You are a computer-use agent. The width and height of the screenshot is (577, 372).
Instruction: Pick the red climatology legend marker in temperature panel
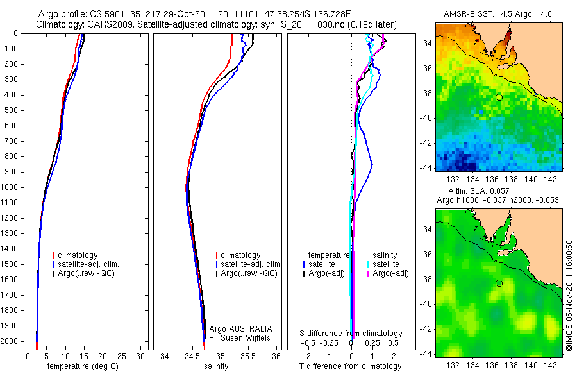click(x=55, y=255)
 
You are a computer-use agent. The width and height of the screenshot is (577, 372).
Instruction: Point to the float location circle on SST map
click(x=499, y=97)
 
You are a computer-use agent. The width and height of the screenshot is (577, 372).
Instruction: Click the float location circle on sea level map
click(x=499, y=283)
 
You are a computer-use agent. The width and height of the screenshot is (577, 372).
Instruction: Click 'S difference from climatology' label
click(x=351, y=334)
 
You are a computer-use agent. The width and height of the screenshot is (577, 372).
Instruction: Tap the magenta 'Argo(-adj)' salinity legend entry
click(x=391, y=273)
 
